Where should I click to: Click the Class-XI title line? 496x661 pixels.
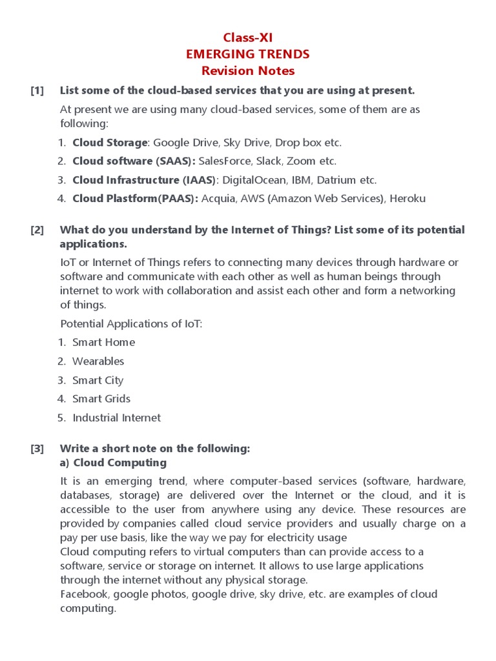[248, 37]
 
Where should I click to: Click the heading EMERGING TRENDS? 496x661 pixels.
[248, 54]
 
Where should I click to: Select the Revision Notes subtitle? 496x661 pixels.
[248, 71]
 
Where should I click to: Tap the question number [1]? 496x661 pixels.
[37, 90]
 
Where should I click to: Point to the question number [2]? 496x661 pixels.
[37, 230]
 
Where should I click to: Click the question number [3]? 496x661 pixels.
[37, 449]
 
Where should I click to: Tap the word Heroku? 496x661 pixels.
[406, 199]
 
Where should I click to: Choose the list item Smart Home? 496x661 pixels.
[103, 342]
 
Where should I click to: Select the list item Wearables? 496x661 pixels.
[98, 361]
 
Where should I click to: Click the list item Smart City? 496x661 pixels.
[98, 380]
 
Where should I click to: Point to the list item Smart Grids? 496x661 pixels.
[101, 399]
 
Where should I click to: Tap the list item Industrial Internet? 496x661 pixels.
[116, 418]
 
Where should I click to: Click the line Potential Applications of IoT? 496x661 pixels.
[131, 323]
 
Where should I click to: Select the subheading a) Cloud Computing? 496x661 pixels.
[113, 463]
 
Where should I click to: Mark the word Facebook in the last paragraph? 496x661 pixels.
[83, 594]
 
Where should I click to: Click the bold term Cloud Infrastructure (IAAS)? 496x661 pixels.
[143, 180]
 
